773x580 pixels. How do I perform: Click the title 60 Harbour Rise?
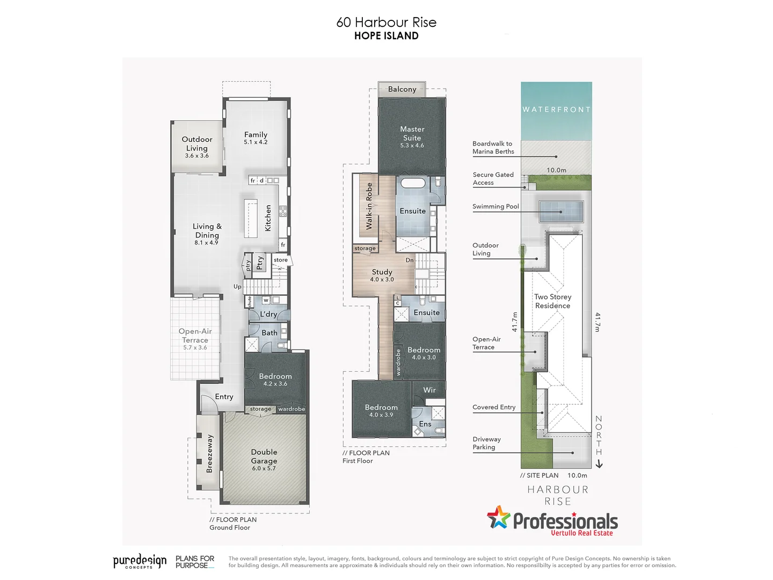tap(386, 23)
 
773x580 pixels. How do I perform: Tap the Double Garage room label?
tap(264, 456)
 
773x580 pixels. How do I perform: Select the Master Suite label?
tap(412, 133)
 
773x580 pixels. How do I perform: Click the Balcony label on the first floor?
tap(402, 89)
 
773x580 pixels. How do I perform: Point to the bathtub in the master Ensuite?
tap(413, 183)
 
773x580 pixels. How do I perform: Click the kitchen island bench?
tap(251, 218)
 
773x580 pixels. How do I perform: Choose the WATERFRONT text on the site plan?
tap(557, 110)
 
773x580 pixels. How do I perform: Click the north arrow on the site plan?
tap(599, 464)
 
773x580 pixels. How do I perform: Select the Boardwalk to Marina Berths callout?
tap(493, 148)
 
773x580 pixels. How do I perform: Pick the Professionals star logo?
tap(499, 518)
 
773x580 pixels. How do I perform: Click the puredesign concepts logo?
tap(140, 561)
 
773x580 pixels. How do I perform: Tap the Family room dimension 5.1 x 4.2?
tap(256, 142)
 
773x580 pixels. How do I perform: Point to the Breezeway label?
tap(209, 454)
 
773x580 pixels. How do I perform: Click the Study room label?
tap(382, 272)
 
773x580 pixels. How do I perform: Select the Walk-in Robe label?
tap(369, 206)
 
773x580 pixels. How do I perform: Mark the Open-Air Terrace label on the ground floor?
tap(195, 336)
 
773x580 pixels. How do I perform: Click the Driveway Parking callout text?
tap(486, 443)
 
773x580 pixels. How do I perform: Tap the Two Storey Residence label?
tap(552, 301)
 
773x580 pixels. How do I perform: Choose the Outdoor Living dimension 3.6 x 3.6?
tap(197, 156)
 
